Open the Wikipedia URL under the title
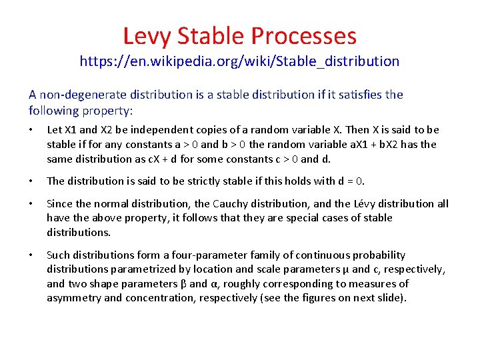[239, 62]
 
